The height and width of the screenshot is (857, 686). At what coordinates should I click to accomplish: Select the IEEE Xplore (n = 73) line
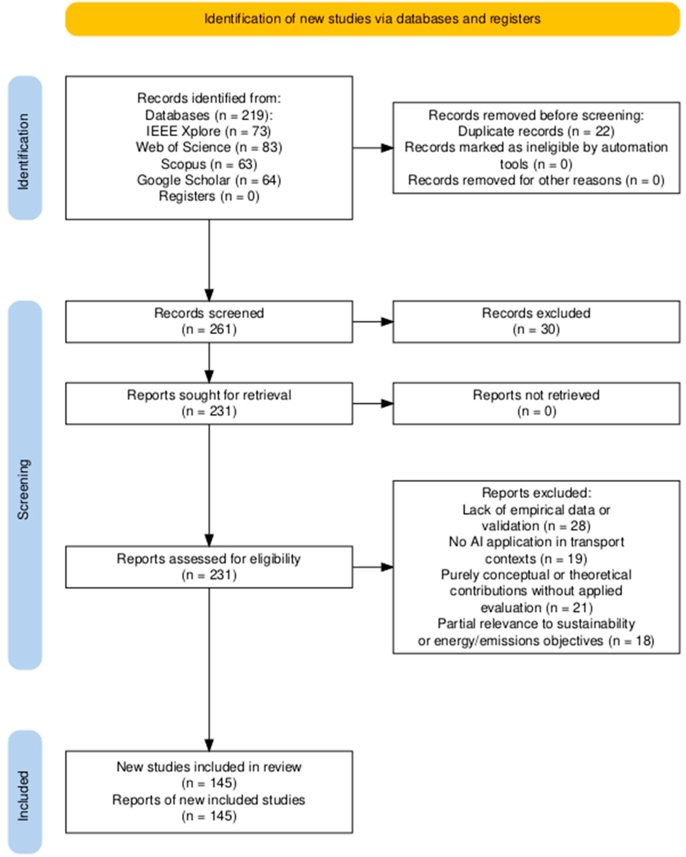point(209,131)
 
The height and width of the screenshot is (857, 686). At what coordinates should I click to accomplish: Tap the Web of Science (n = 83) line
point(209,148)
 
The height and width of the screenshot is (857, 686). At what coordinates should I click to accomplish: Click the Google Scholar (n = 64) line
point(209,180)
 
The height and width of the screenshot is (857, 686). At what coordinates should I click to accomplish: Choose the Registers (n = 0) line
point(209,196)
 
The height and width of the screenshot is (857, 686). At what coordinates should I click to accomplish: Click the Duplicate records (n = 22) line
point(536,131)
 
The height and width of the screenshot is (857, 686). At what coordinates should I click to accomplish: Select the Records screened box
point(209,322)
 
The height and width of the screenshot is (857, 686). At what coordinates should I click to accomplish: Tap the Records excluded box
point(536,322)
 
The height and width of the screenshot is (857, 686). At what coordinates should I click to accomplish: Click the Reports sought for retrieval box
point(209,403)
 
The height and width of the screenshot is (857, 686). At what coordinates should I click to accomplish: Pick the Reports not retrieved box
point(536,403)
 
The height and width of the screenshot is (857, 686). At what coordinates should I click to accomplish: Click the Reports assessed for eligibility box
point(209,567)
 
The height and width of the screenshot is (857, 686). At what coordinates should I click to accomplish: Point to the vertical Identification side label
point(24,152)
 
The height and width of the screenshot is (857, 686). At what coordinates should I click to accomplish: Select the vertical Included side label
point(24,796)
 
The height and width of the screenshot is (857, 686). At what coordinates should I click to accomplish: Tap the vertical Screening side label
point(24,489)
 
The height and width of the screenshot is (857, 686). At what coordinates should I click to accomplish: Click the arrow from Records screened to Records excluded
point(373,322)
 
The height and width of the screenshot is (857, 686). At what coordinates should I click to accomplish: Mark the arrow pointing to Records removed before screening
point(373,148)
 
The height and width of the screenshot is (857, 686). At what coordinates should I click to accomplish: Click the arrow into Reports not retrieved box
point(373,403)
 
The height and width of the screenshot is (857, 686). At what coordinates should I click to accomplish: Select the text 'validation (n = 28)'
point(536,526)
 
